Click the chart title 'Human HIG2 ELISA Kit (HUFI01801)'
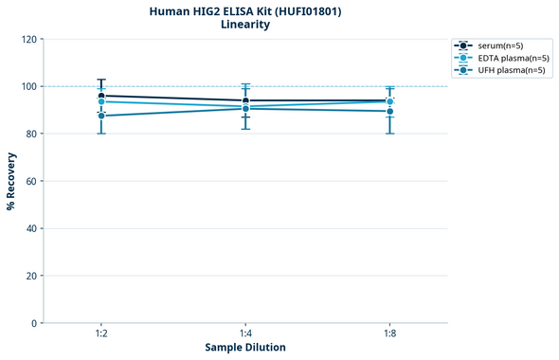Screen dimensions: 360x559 pos(245,11)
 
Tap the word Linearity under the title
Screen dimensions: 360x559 pos(245,26)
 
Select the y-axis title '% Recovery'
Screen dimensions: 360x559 pos(11,181)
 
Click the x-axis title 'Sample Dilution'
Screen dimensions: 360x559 pos(245,348)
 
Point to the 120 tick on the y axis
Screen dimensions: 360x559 pos(28,39)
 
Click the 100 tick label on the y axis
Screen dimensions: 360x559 pos(28,86)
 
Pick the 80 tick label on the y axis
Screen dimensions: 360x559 pos(31,134)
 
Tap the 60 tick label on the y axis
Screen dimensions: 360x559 pos(31,181)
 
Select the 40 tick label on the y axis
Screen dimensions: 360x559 pos(31,228)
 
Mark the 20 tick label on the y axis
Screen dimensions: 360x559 pos(31,276)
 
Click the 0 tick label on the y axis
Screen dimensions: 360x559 pos(34,323)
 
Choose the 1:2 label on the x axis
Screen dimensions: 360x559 pos(101,333)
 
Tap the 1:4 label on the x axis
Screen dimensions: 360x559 pos(245,333)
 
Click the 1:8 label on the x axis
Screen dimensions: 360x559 pos(389,333)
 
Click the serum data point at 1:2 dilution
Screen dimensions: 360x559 pos(101,96)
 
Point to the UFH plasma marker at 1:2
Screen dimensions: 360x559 pos(101,116)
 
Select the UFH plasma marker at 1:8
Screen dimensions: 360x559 pos(389,111)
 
